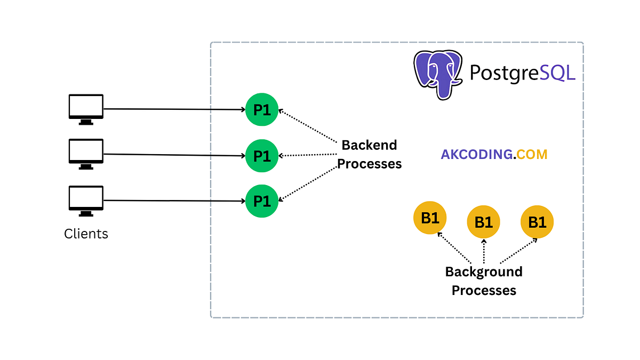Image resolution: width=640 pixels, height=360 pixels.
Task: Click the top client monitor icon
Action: [x=86, y=108]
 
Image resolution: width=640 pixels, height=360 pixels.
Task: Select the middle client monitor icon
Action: [x=86, y=153]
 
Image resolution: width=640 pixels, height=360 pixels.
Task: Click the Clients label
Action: [x=86, y=234]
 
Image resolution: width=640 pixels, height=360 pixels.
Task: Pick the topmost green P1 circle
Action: [x=262, y=110]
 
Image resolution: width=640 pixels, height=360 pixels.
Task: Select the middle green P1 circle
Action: [x=262, y=156]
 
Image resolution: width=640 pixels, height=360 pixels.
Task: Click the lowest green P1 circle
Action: [x=262, y=201]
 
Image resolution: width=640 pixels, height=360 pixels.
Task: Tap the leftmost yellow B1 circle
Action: [x=430, y=218]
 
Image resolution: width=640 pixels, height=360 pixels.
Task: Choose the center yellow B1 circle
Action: [x=483, y=222]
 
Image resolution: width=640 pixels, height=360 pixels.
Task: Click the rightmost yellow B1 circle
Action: [x=537, y=222]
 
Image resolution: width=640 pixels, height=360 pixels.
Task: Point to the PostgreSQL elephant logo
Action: [x=437, y=74]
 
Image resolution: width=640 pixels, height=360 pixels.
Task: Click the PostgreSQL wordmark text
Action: [x=522, y=73]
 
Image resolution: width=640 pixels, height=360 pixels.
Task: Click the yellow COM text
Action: [x=532, y=155]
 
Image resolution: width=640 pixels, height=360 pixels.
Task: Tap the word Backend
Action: [x=369, y=145]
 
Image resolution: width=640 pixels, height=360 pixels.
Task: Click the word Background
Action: [x=484, y=271]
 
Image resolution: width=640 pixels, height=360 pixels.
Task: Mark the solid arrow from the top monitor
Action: [x=173, y=109]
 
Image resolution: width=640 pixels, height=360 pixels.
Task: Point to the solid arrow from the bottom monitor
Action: [x=173, y=201]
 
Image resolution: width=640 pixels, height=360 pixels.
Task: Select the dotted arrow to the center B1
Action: [x=484, y=251]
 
